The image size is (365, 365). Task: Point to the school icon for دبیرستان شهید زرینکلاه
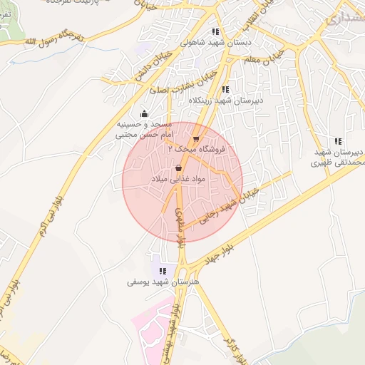225,90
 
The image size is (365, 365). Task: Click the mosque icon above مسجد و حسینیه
145,113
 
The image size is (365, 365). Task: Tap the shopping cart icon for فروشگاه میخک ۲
196,140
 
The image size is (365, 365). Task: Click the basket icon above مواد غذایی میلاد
178,168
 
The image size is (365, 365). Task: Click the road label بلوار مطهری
178,227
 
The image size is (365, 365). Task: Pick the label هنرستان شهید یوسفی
165,282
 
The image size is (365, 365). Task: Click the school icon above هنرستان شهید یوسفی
163,272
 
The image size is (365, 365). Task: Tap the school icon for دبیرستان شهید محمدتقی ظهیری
338,141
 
